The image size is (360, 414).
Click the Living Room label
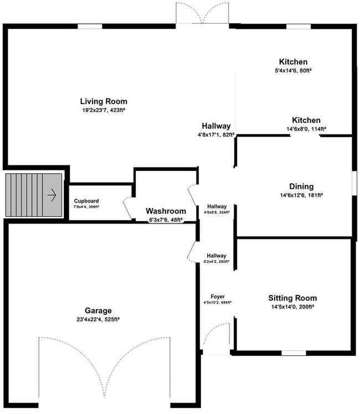click(104, 101)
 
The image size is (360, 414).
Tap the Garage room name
click(98, 310)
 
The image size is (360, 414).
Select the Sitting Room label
click(294, 298)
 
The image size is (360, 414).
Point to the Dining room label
click(301, 187)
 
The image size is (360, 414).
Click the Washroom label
click(166, 211)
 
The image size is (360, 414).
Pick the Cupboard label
click(86, 201)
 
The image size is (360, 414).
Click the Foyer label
click(217, 296)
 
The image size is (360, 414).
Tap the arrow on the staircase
click(52, 195)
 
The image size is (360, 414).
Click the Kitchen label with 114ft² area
click(306, 120)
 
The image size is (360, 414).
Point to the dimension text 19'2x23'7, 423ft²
click(104, 111)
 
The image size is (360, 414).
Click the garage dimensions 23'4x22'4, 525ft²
click(98, 319)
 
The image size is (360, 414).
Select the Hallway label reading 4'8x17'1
click(216, 126)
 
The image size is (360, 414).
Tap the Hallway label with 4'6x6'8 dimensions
click(217, 206)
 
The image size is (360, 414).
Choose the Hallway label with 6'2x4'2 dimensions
click(217, 255)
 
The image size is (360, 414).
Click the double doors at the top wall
click(202, 13)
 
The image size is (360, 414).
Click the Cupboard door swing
click(127, 208)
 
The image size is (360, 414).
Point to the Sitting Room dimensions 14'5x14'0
click(294, 307)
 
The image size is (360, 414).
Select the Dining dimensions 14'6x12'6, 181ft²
click(301, 195)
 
